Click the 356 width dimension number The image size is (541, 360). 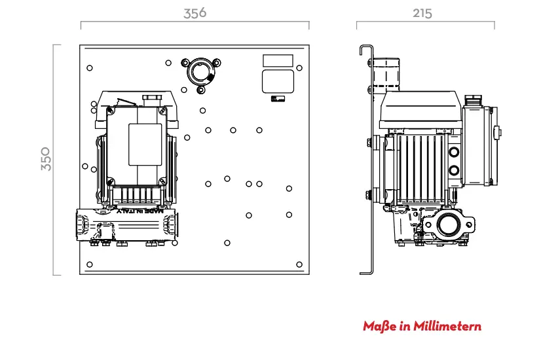pos(195,13)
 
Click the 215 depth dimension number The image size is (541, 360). pos(422,14)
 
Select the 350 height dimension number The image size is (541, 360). pos(46,159)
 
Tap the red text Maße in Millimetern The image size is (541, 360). pos(422,326)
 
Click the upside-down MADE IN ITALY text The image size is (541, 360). pos(140,211)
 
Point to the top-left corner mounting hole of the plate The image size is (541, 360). pos(90,68)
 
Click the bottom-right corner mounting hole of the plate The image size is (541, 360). pos(299,264)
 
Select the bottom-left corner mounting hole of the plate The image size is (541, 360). pos(90,264)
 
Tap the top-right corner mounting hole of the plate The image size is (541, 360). pos(299,68)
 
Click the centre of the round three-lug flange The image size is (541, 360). pos(201,73)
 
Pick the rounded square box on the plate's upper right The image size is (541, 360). pos(278,81)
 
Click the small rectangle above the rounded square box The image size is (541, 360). pos(278,60)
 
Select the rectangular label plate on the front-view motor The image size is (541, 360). pos(145,145)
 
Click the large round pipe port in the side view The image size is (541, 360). pos(449,225)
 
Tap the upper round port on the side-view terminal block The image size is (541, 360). pos(454,152)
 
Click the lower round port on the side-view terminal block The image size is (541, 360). pos(454,170)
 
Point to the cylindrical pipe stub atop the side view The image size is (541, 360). pos(386,75)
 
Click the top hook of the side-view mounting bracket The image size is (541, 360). pos(366,49)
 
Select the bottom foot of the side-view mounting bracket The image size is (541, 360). pos(366,273)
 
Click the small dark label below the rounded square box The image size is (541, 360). pos(278,99)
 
